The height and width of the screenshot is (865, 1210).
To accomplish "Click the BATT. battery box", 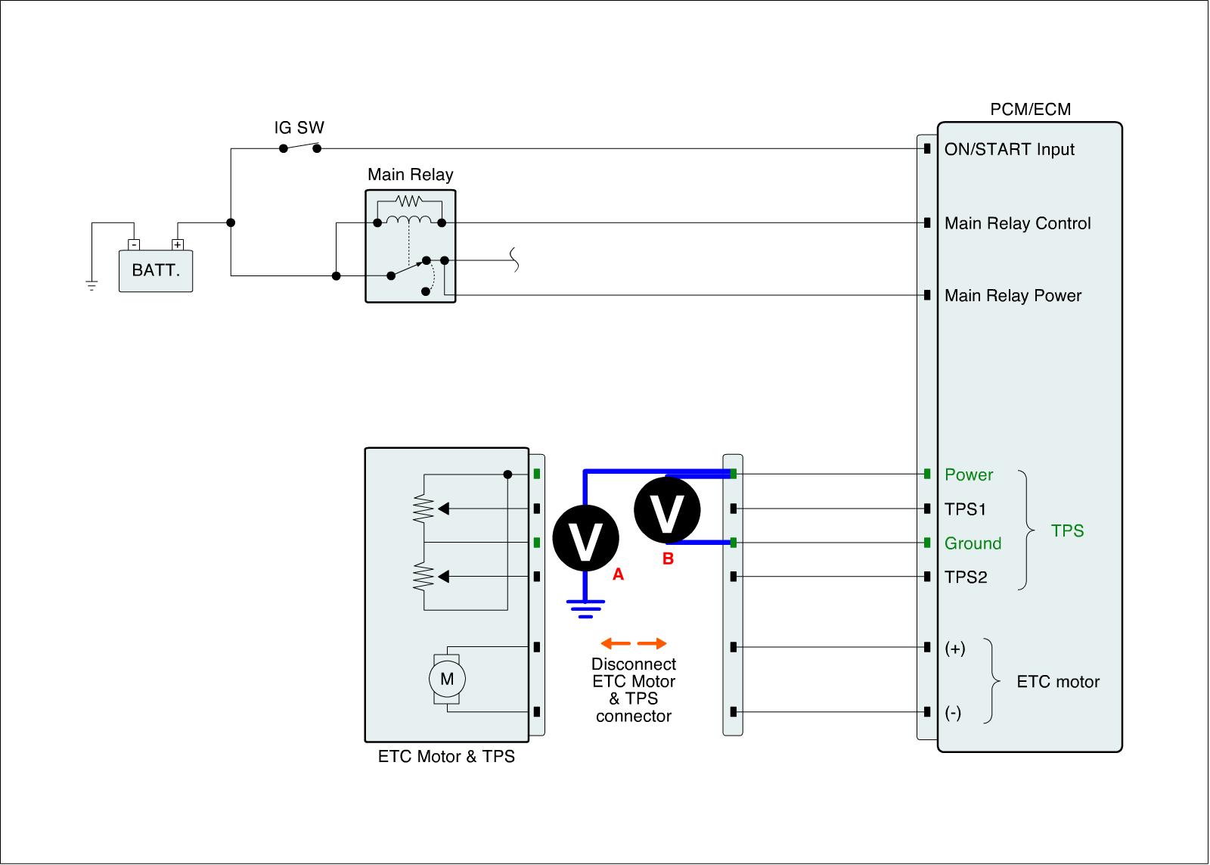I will point(156,270).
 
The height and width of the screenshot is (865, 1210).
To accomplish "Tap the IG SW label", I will point(299,128).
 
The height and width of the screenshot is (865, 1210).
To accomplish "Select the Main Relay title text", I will point(410,175).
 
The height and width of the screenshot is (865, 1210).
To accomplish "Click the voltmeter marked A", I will point(586,538).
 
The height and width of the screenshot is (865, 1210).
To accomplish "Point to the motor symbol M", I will point(447,679).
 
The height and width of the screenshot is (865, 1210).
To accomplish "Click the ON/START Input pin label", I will point(1009,149).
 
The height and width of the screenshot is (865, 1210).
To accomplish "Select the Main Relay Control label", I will point(1017,223).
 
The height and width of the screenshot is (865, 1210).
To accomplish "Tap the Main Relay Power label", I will point(1013,295).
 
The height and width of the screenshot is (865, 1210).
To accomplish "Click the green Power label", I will point(968,475).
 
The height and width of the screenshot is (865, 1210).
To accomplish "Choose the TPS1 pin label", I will point(965,509).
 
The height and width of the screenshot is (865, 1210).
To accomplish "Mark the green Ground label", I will point(973,543).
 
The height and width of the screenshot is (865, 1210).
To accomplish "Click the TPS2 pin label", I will point(966,577).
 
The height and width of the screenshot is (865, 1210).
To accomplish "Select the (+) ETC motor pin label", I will point(955,649).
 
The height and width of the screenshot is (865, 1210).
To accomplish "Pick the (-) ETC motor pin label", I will point(953,713).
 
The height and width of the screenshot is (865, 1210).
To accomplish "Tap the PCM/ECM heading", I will point(1030,109).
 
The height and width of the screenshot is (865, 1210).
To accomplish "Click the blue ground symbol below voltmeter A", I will point(586,608).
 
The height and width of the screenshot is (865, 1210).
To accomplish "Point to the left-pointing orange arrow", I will point(615,643).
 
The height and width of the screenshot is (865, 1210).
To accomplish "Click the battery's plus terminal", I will point(178,244).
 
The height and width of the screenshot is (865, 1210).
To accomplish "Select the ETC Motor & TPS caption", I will point(446,757).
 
